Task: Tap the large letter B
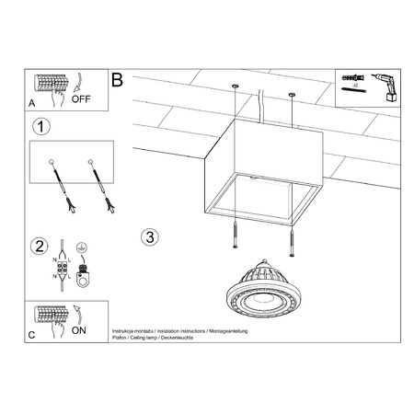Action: click(117, 80)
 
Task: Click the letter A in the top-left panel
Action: click(33, 103)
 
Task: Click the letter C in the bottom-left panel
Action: click(33, 336)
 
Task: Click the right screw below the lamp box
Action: click(291, 241)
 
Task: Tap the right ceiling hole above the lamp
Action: click(293, 94)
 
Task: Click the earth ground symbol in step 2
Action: click(81, 247)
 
